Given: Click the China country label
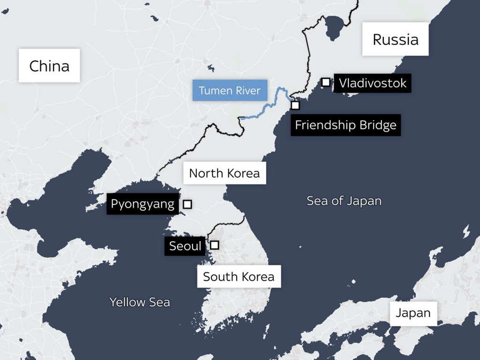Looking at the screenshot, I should coord(49,66).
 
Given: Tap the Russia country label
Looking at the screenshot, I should coord(395,39).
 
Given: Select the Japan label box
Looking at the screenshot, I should coord(413,313).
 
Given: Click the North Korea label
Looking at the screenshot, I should coord(224,173).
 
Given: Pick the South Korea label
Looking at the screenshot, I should coord(239,276).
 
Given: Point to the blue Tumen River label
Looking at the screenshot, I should coord(229,90).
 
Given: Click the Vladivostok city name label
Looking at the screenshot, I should coord(372,83).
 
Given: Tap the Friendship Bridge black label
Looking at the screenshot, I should coord(345,125).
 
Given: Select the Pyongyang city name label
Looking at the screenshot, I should coord(142,204).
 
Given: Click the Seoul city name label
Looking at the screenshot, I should coord(185,246).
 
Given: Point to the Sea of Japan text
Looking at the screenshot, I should coord(344,201).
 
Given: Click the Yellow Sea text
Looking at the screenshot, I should coord(140,302).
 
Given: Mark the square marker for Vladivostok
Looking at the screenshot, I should coord(325,82).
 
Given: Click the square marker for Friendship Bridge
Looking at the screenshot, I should coord(295,105).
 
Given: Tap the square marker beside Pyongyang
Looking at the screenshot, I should coord(187,204).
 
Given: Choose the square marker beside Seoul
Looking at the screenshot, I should coord(214,245).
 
